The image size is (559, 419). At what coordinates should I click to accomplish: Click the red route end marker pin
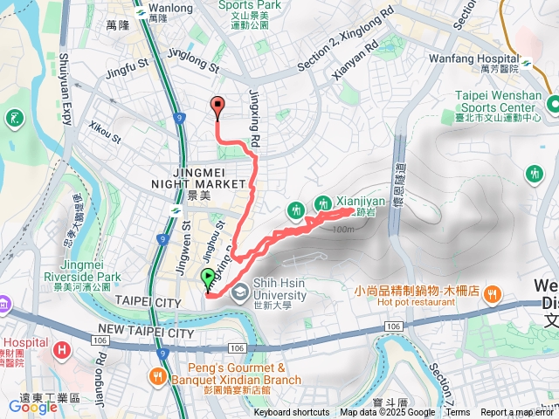[x=217, y=107]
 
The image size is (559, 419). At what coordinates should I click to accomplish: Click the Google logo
[x=33, y=406]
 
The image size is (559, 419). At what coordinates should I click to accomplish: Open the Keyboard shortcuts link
[x=292, y=413]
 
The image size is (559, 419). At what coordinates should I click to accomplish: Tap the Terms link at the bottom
[x=458, y=413]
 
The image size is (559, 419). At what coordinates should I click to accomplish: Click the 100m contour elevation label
[x=343, y=230]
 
